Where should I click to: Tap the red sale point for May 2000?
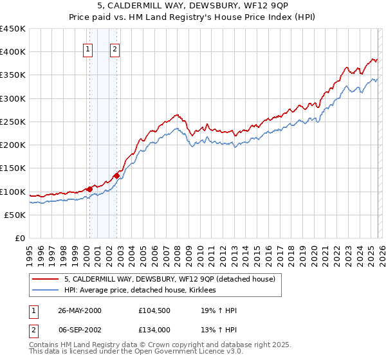[90, 189]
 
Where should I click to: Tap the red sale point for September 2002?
[116, 175]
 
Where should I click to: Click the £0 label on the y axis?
[19, 238]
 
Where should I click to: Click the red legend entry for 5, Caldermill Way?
[170, 279]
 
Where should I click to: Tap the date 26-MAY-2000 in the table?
[80, 310]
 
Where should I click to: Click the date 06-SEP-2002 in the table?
[80, 330]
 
